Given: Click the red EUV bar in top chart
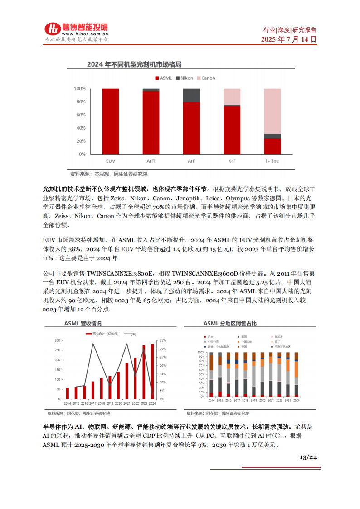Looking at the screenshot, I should coord(111,121).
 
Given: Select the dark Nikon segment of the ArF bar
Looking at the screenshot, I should coord(191,95).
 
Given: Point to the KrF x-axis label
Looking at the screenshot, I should coord(232,161).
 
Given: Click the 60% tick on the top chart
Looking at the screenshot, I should coord(80,115).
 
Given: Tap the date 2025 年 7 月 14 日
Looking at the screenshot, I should coord(289,39).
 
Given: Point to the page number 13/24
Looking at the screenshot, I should coord(308,457).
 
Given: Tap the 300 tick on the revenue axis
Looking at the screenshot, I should coord(58,340).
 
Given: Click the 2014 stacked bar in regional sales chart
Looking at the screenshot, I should coord(211,374).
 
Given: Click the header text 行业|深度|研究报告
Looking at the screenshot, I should coord(290,30).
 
